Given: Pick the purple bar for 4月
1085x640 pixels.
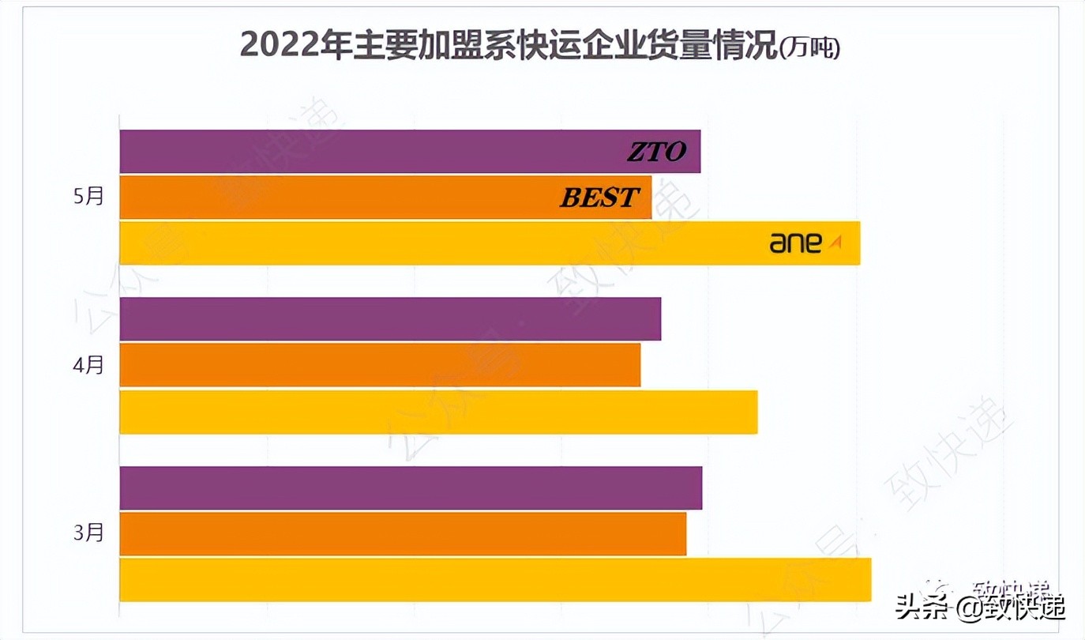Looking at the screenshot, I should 390,319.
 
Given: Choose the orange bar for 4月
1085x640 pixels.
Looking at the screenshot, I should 380,365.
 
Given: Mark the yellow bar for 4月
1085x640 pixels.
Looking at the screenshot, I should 438,412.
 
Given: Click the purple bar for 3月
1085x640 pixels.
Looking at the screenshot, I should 411,488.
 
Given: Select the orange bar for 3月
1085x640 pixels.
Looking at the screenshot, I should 403,534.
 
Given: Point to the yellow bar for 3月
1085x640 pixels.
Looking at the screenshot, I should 495,580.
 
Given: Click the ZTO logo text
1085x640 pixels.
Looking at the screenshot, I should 656,152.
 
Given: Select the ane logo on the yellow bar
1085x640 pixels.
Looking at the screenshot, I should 796,243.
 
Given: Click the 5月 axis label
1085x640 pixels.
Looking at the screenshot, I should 88,197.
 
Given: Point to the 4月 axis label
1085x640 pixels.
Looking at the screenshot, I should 88,365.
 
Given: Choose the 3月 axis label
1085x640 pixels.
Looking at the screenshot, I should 88,533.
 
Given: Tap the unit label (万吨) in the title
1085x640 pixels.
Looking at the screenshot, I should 809,47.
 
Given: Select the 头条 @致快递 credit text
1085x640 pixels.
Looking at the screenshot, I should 980,608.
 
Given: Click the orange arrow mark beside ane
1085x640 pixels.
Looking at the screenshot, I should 835,243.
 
